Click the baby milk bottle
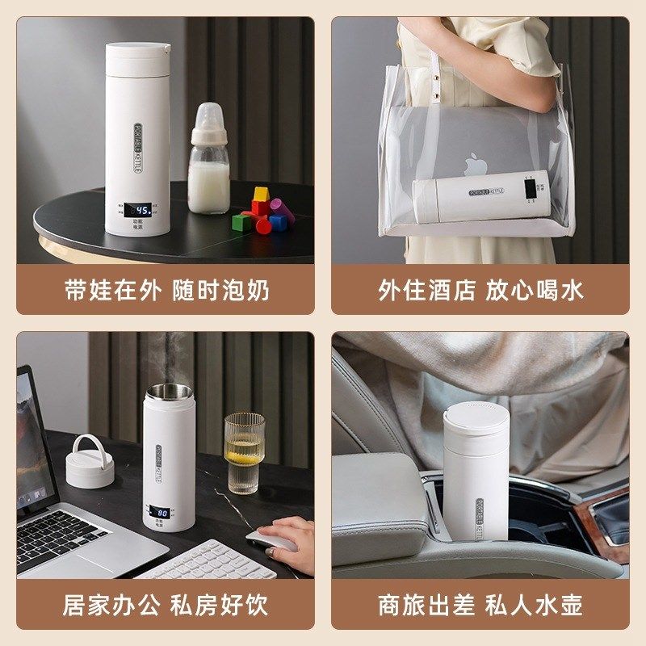coord(209,166)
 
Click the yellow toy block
coord(260,195)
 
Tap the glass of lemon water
coord(244,453)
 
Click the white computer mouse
coord(271,540)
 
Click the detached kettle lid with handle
coord(90,461)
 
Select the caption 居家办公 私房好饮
coord(166,605)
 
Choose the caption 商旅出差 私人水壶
coord(480,605)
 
